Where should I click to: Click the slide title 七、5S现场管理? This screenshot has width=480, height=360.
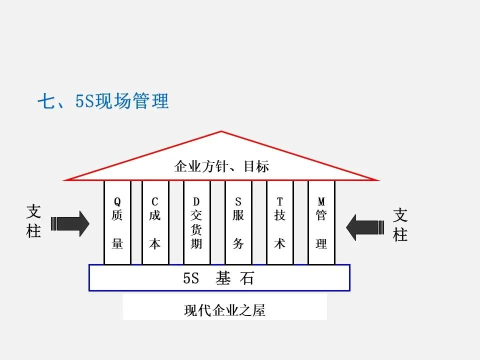tap(103, 101)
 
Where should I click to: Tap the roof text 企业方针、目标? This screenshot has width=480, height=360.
tap(221, 166)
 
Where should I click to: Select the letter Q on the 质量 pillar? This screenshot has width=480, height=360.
tap(117, 202)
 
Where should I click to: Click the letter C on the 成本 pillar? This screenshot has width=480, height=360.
tap(155, 202)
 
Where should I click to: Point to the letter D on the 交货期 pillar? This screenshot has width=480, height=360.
tap(196, 202)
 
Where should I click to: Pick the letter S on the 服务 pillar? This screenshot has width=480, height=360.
tap(238, 202)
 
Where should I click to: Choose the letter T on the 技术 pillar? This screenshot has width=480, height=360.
tap(279, 202)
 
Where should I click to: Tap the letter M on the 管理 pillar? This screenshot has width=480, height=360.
tap(321, 202)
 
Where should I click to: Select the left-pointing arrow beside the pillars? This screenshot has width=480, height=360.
tap(367, 227)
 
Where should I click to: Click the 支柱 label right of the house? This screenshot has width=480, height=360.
tap(400, 224)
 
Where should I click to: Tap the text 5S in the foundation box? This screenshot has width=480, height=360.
tap(191, 278)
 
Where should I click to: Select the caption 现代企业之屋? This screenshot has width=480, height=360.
tap(224, 310)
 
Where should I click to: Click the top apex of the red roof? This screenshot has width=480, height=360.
tap(221, 131)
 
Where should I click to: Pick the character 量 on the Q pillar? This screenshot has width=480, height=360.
tap(117, 243)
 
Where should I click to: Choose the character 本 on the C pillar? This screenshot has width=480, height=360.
tap(155, 243)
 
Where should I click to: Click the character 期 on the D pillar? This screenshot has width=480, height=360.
tap(196, 243)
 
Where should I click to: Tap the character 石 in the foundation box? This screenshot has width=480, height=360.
tap(247, 278)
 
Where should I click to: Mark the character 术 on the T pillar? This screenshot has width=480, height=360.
tap(279, 243)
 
